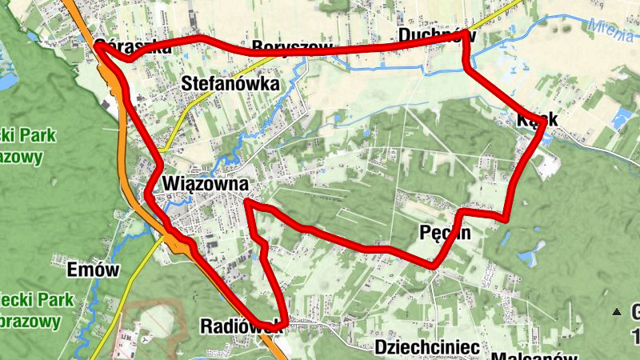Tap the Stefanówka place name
point(230,84)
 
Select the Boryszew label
point(291,46)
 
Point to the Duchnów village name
point(436,35)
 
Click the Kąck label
point(537,118)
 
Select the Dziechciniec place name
point(426,347)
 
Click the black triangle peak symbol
point(616,311)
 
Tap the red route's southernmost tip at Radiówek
point(282,323)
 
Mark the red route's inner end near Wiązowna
point(247,205)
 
